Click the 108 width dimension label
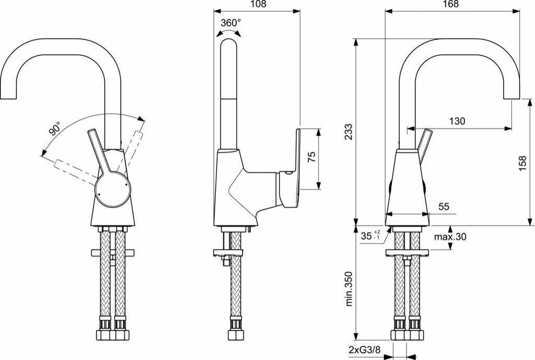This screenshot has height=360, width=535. coord(258,4)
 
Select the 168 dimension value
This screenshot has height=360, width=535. coord(452,4)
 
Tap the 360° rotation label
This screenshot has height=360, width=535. coord(230,22)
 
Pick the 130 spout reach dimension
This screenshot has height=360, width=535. coord(457,121)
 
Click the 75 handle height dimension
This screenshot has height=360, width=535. coord(312,158)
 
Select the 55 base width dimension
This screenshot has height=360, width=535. coord(444,207)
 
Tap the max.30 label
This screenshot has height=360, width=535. coord(450,237)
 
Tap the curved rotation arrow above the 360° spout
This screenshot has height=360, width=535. coord(230,32)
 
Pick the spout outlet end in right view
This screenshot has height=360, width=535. coord(512,98)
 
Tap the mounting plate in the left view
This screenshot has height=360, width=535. coord(113,253)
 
